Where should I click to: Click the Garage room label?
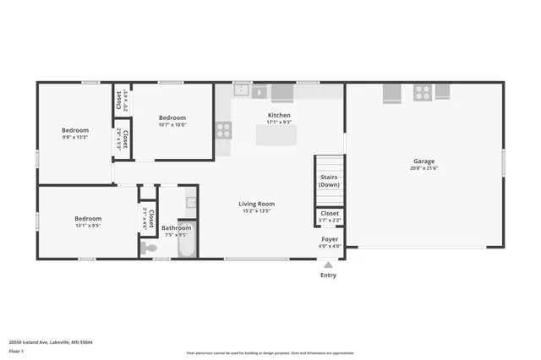pyautogui.click(x=424, y=161)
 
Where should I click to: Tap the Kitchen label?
pyautogui.click(x=279, y=115)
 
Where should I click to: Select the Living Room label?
pyautogui.click(x=256, y=204)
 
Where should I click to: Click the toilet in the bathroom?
pyautogui.click(x=150, y=248)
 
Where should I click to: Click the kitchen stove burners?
pyautogui.click(x=223, y=129)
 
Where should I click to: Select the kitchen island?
pyautogui.click(x=276, y=134)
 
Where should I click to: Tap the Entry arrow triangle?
pyautogui.click(x=328, y=265)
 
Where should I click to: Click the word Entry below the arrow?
pyautogui.click(x=328, y=275)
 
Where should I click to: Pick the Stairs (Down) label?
pyautogui.click(x=330, y=180)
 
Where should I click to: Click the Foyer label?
pyautogui.click(x=330, y=239)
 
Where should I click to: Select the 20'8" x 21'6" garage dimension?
pyautogui.click(x=424, y=168)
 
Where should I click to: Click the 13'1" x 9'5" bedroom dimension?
pyautogui.click(x=88, y=226)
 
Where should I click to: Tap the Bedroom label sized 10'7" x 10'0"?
pyautogui.click(x=172, y=117)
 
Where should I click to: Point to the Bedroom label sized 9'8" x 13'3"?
pyautogui.click(x=74, y=130)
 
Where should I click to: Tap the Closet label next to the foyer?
pyautogui.click(x=330, y=214)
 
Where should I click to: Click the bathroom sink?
pyautogui.click(x=191, y=203)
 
